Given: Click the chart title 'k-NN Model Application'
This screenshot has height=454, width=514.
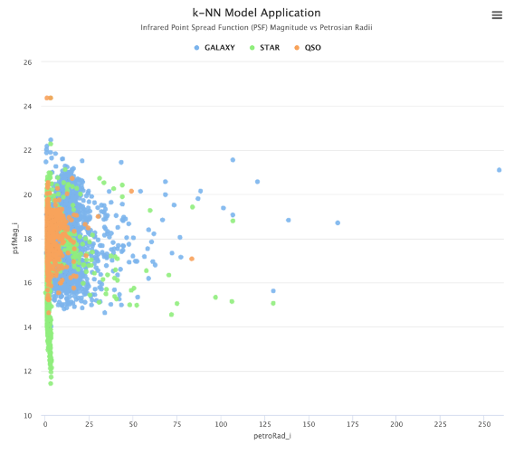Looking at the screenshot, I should click(x=257, y=13).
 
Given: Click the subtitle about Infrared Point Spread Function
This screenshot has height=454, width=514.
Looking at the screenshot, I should click(x=257, y=28).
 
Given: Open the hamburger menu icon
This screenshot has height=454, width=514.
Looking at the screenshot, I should click(x=497, y=14).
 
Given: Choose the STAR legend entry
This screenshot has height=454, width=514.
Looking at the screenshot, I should click(x=265, y=47).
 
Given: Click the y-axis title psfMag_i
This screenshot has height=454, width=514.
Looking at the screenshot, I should click(x=14, y=239).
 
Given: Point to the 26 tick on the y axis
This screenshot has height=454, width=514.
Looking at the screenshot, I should click(x=27, y=62).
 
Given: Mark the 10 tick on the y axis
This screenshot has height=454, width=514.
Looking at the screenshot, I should click(x=27, y=416).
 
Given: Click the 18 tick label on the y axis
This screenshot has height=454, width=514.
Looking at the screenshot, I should click(x=27, y=240).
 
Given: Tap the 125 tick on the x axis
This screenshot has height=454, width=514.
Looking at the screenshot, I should click(x=264, y=423).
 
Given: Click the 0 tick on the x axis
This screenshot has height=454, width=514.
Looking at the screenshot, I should click(x=45, y=423).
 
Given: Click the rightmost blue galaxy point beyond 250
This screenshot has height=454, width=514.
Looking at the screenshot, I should click(x=499, y=170).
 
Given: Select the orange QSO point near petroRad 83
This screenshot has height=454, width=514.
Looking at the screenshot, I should click(x=192, y=259).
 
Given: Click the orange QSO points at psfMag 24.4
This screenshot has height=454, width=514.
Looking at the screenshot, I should click(x=49, y=98).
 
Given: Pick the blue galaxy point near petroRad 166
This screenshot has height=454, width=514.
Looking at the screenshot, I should click(x=338, y=222).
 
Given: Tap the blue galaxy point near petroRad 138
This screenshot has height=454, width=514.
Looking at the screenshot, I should click(x=289, y=220).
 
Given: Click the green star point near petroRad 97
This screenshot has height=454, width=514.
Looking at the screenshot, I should click(x=215, y=297).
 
